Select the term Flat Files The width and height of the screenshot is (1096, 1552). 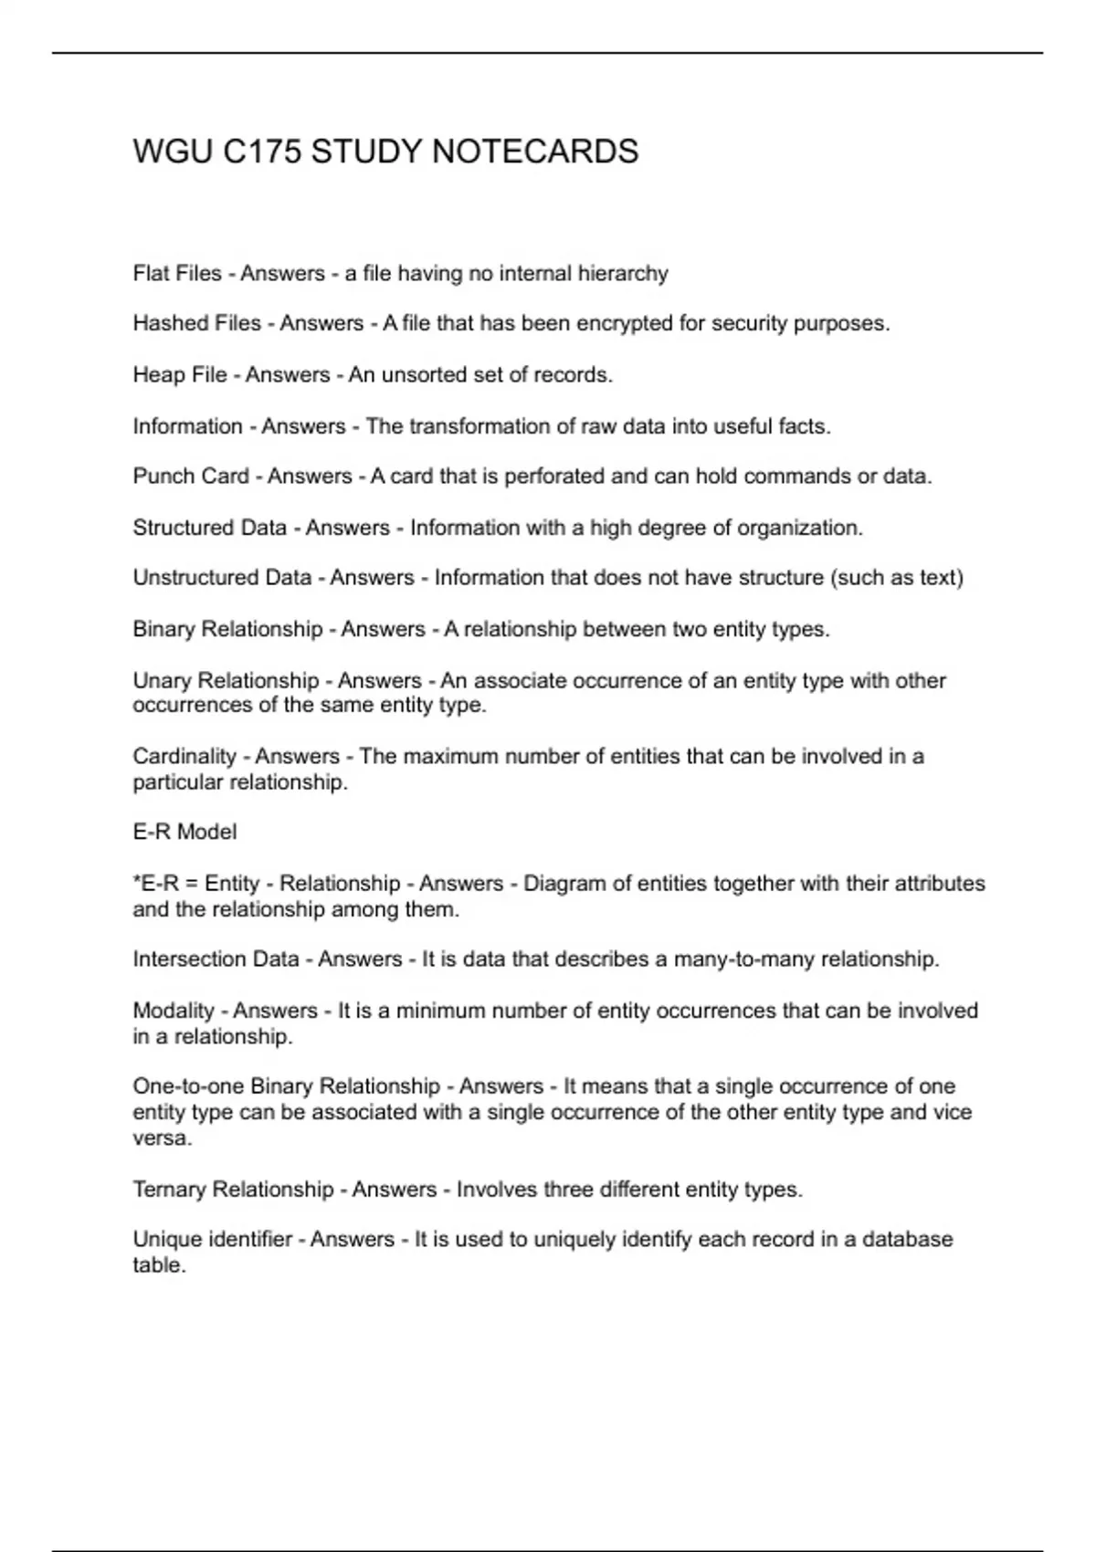[177, 274]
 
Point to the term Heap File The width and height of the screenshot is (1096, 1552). [180, 375]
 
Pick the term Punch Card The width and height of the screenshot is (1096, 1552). [191, 477]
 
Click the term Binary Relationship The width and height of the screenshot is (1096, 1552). [227, 629]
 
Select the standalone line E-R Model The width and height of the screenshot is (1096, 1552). [184, 832]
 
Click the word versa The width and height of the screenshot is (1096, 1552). [161, 1138]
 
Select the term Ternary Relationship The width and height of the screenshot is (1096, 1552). [233, 1190]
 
